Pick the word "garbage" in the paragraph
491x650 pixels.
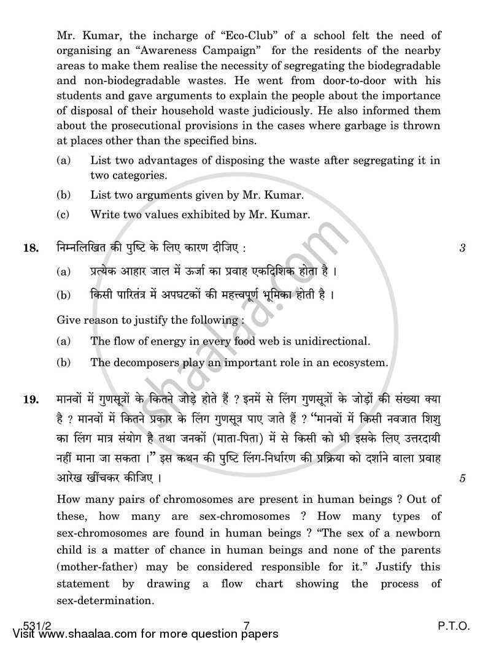pyautogui.click(x=359, y=126)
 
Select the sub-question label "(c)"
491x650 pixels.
pyautogui.click(x=63, y=215)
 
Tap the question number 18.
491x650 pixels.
pyautogui.click(x=31, y=248)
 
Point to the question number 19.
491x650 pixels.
pyautogui.click(x=31, y=400)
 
